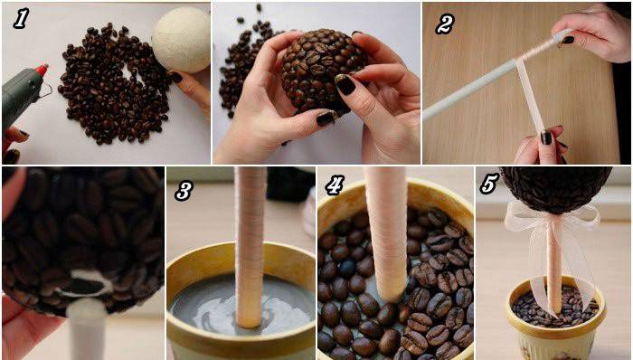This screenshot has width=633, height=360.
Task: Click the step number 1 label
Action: [x=21, y=19]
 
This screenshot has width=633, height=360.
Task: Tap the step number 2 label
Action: [x=445, y=24]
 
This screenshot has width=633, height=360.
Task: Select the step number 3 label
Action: [x=184, y=191]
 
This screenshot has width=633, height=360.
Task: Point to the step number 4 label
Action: [x=335, y=185]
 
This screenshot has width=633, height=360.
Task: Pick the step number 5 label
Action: [x=489, y=184]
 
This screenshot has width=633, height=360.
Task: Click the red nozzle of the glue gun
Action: [x=42, y=71]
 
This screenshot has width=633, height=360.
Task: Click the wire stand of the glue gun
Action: [x=45, y=92]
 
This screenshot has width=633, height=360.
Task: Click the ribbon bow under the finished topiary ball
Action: [x=552, y=218]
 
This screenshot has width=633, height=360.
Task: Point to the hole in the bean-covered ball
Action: [x=87, y=285]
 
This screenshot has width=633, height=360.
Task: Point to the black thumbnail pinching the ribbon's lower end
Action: [x=546, y=137]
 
